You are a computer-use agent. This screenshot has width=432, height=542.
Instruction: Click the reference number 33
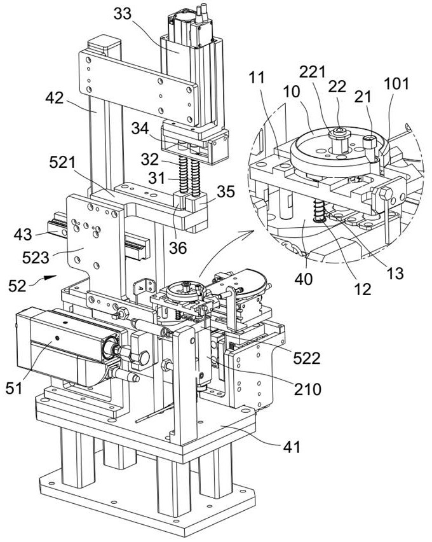tap(123, 14)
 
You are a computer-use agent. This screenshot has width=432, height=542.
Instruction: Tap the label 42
tap(55, 98)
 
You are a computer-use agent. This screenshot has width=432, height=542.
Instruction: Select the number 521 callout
tap(62, 162)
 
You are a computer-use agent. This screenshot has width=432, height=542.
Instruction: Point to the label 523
tap(36, 258)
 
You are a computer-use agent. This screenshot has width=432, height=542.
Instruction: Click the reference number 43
tap(23, 235)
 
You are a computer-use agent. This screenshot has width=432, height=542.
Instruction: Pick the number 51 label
tap(14, 389)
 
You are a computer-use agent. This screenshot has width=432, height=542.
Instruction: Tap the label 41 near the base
tap(292, 447)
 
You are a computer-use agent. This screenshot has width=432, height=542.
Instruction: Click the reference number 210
tap(307, 389)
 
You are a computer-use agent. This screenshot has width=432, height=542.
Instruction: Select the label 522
tap(307, 358)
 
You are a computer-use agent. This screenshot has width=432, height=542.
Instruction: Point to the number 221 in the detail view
tap(313, 73)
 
